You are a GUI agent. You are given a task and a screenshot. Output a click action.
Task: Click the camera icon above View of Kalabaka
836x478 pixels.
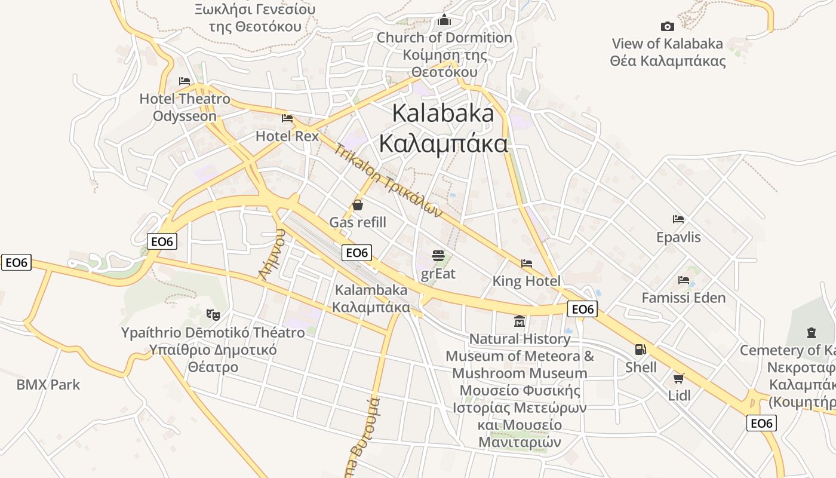667,26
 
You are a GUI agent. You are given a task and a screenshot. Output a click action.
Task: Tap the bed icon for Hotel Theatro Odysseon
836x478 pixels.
185,81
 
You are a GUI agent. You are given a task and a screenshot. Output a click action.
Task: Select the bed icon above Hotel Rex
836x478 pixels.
287,118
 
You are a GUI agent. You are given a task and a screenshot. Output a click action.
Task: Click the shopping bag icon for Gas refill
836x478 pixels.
358,206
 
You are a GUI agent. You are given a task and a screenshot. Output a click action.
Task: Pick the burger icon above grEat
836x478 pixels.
438,256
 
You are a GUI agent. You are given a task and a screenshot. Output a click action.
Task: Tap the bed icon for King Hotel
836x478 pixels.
526,263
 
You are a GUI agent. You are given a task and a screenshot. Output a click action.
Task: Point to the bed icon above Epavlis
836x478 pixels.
678,219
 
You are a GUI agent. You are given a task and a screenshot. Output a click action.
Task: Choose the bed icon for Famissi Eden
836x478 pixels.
684,280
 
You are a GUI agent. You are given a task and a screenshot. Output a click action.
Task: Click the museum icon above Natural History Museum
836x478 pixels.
520,321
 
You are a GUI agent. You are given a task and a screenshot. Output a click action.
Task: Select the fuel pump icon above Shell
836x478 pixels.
640,350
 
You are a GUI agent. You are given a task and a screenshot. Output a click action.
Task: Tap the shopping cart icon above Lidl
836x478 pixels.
679,378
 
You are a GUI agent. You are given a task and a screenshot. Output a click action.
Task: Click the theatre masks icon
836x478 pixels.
212,314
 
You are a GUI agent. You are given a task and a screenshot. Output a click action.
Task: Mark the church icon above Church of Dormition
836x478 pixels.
444,20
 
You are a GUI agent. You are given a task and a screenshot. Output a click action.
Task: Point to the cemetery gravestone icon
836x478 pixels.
811,332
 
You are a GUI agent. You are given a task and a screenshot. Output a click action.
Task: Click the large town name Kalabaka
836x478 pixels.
443,113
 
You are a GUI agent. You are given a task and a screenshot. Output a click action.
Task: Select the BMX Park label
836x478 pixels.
48,385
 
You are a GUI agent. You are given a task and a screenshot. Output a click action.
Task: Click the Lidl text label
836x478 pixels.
679,396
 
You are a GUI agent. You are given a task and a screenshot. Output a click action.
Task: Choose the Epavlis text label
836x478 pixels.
678,237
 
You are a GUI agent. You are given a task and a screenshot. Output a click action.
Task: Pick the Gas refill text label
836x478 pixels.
358,223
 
